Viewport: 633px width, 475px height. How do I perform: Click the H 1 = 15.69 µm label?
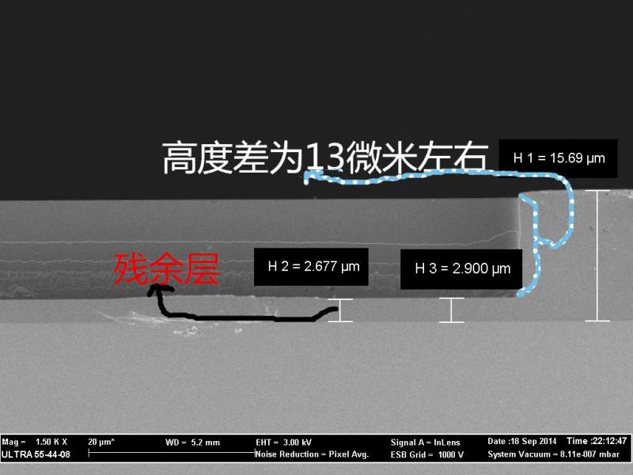point(559,158)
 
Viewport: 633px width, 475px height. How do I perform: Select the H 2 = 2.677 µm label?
point(313,266)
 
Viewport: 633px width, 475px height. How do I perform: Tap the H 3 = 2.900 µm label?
point(463,268)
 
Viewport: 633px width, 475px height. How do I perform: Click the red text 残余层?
point(166,268)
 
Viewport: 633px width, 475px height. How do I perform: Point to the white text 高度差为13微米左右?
point(325,158)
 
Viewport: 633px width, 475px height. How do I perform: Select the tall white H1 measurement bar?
point(597,256)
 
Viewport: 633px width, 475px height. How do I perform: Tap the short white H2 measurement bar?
point(340,310)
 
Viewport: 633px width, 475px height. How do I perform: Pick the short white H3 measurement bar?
point(451,310)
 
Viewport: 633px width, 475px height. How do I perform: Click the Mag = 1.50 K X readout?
point(34,442)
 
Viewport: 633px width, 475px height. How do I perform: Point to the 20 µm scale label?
point(101,442)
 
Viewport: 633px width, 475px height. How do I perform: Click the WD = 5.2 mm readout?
point(192,443)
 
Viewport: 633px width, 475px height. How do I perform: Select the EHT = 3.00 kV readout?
point(283,443)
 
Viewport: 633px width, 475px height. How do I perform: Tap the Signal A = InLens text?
point(425,443)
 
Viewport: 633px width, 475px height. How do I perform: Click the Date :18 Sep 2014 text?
point(521,441)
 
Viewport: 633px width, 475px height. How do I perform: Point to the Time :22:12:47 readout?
point(597,441)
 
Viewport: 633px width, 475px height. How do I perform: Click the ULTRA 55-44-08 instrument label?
point(36,454)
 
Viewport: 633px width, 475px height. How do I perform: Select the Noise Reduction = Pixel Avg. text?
point(312,454)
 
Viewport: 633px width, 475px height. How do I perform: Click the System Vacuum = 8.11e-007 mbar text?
point(553,454)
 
